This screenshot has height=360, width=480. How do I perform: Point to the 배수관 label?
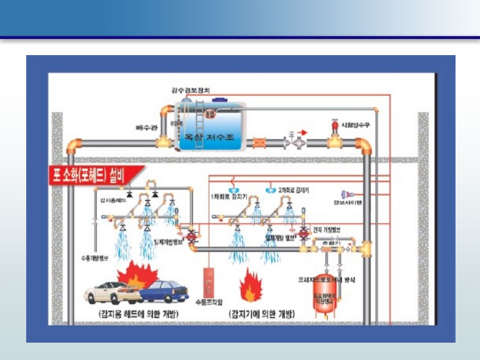click(146, 128)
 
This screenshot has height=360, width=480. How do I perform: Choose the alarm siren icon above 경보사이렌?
click(347, 194)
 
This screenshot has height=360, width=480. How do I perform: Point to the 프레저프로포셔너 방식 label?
click(327, 280)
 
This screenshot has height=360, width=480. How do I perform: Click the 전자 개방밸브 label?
click(327, 230)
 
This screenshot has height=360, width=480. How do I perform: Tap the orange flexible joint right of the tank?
click(259, 143)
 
